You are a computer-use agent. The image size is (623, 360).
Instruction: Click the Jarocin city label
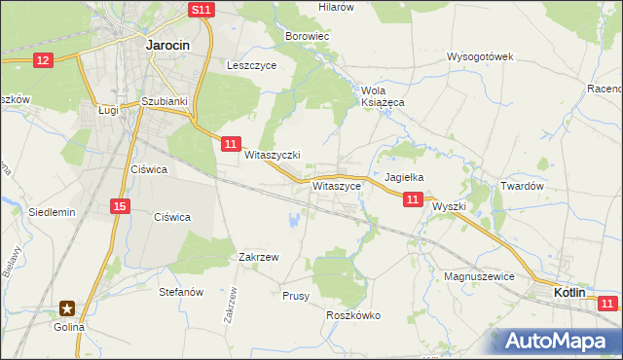(x=166, y=44)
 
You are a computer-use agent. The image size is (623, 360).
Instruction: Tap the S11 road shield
(x=201, y=9)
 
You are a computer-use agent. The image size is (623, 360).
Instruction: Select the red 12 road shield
(x=42, y=60)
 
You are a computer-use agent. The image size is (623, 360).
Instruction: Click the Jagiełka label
(x=403, y=178)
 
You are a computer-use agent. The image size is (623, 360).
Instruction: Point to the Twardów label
(x=520, y=186)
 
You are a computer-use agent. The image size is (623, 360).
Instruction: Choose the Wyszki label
(x=450, y=207)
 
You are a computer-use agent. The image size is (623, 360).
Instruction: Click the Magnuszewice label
(x=478, y=276)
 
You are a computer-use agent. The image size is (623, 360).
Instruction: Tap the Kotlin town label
(x=569, y=292)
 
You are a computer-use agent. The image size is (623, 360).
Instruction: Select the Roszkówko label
(x=353, y=315)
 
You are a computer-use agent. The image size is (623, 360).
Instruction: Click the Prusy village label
(x=295, y=296)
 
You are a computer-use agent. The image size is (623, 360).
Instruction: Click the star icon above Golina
(x=67, y=308)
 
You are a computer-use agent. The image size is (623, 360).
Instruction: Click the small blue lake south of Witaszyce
(x=293, y=221)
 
